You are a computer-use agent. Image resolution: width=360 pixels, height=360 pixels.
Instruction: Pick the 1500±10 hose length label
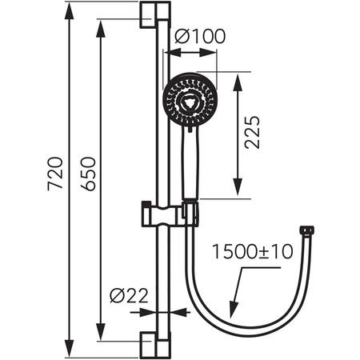point(253,254)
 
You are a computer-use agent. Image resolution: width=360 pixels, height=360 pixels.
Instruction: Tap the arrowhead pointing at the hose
point(233,310)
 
